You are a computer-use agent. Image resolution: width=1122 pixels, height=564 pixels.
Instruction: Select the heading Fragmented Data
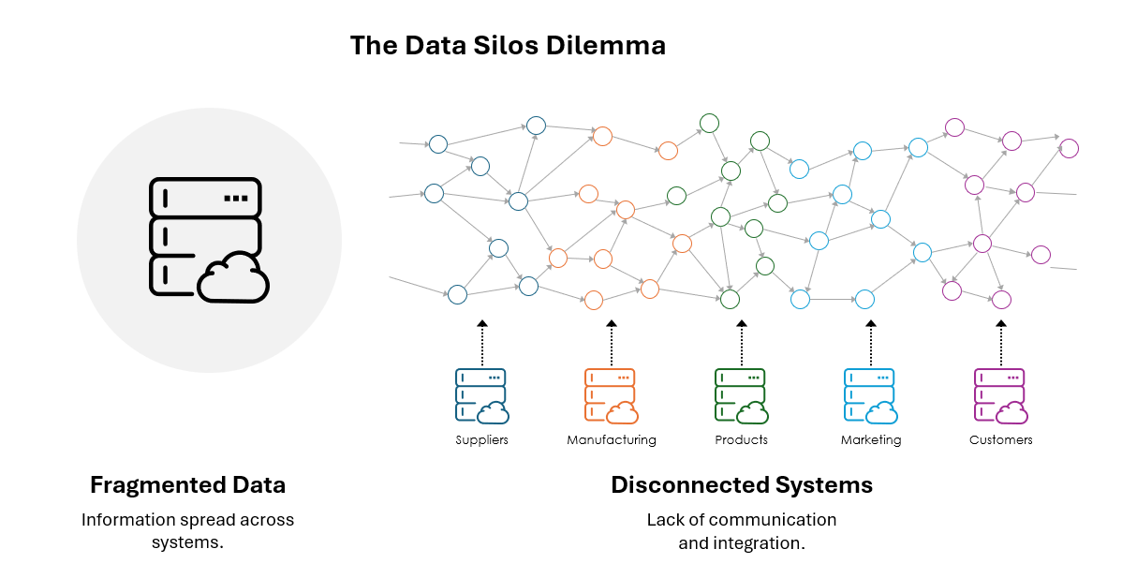pyautogui.click(x=187, y=485)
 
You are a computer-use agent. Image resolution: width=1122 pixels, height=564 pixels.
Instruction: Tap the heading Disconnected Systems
pyautogui.click(x=742, y=485)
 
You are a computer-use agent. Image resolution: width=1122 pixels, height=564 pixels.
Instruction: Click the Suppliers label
pyautogui.click(x=481, y=440)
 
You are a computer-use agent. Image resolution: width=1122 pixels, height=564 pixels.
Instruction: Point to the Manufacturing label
pyautogui.click(x=612, y=440)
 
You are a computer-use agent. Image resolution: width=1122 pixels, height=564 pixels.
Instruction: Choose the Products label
pyautogui.click(x=741, y=440)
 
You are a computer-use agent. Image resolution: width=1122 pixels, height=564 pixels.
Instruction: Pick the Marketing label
pyautogui.click(x=871, y=440)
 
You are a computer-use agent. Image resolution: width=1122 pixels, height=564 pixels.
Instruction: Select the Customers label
pyautogui.click(x=1000, y=440)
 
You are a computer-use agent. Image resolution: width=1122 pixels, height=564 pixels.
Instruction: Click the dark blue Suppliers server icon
pyautogui.click(x=480, y=394)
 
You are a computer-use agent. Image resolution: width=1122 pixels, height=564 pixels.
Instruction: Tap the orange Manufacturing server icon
pyautogui.click(x=610, y=394)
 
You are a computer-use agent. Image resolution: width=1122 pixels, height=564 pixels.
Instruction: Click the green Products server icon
pyautogui.click(x=740, y=394)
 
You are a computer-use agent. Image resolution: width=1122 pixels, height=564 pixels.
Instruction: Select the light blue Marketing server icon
pyautogui.click(x=869, y=394)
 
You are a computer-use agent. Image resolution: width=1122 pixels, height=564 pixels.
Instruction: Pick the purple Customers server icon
pyautogui.click(x=999, y=394)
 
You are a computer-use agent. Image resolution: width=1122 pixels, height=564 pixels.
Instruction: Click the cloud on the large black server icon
pyautogui.click(x=233, y=278)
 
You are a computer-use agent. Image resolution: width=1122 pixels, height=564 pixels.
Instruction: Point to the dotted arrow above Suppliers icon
pyautogui.click(x=482, y=343)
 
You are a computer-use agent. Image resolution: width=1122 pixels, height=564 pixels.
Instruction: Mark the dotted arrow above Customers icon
pyautogui.click(x=1000, y=343)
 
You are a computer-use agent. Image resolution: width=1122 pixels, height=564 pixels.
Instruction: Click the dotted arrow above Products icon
pyautogui.click(x=742, y=343)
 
